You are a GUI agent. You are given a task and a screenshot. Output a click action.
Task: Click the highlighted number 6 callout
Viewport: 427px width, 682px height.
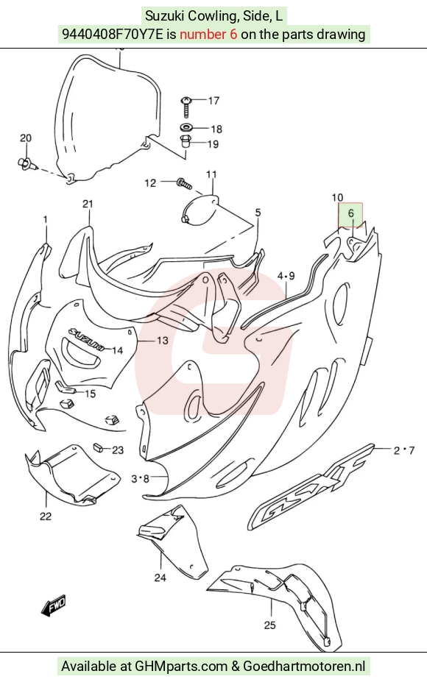coord(351,214)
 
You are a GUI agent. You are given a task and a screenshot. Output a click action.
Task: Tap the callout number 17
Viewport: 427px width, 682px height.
coord(213,101)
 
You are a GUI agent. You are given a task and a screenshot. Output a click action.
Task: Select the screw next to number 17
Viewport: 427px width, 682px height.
coord(186,106)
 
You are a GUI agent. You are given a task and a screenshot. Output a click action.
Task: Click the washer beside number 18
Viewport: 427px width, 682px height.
coord(187,128)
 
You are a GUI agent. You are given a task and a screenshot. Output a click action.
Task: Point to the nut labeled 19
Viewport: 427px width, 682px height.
coord(186,141)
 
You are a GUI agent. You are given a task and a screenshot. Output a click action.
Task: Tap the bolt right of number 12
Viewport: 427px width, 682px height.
coord(184,183)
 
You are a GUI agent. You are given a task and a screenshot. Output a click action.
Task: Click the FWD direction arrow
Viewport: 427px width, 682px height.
coord(54,605)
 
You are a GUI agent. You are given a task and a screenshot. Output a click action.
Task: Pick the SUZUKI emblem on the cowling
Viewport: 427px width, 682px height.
coord(85,339)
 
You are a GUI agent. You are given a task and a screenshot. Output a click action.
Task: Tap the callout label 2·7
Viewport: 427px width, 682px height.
coord(404,450)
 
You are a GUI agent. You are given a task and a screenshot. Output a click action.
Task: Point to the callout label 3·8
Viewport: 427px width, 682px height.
coord(140,479)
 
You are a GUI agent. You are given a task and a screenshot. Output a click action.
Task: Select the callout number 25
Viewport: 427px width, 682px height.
coord(270,625)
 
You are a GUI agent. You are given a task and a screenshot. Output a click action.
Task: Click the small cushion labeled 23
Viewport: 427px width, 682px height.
coord(99,447)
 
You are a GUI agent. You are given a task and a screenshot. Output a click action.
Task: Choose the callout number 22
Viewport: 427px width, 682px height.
coord(45,516)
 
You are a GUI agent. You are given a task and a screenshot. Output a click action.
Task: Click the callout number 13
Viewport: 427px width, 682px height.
coord(162,340)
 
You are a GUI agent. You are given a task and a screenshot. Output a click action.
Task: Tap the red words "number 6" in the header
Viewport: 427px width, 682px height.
coord(208,34)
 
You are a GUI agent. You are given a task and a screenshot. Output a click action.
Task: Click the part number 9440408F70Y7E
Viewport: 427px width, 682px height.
coord(113,34)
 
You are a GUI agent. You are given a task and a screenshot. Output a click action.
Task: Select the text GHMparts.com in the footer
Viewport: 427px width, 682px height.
coord(181,666)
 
